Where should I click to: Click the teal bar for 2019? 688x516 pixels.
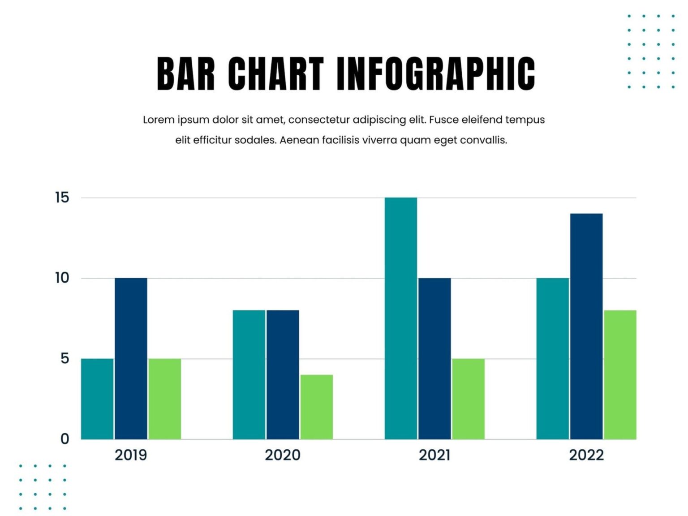click(97, 399)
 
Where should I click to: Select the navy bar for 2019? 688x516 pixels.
click(131, 358)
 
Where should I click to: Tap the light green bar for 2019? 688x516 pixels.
click(165, 399)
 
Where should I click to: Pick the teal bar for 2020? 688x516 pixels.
click(249, 374)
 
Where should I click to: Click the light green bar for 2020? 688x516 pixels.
click(317, 407)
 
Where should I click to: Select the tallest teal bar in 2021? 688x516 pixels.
click(401, 318)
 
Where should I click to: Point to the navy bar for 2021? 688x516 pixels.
click(434, 358)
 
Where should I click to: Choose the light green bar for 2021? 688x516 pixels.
click(468, 399)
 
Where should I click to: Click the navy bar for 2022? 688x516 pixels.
click(586, 326)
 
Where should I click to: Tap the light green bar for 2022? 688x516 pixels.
click(620, 374)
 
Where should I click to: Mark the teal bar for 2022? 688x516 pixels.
click(553, 358)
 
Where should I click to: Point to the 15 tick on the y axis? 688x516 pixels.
click(62, 198)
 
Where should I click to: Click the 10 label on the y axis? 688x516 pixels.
click(62, 278)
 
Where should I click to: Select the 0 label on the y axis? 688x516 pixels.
click(65, 439)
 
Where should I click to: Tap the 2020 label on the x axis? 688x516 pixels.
click(283, 455)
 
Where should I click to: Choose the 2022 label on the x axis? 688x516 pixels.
click(586, 455)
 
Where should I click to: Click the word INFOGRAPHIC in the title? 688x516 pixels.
click(436, 74)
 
